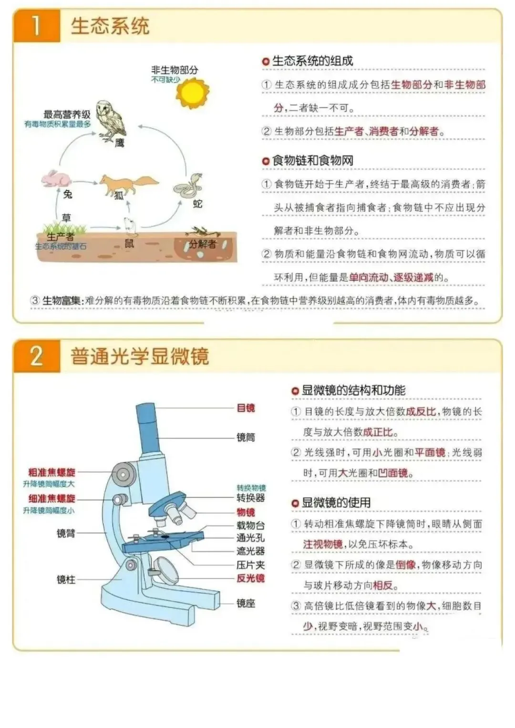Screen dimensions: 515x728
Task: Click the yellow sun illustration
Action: (x=193, y=92)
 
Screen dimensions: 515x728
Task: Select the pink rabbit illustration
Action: (x=56, y=179)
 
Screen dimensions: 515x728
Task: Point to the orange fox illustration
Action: (x=128, y=185)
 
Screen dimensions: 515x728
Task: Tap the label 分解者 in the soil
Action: (x=203, y=244)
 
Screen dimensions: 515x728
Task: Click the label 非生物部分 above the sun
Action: (x=175, y=70)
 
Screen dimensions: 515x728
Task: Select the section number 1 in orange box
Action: (x=36, y=26)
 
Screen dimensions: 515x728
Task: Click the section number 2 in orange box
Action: (x=36, y=356)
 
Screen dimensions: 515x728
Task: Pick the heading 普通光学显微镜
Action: (x=140, y=356)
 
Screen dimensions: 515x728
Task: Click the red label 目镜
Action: (x=246, y=408)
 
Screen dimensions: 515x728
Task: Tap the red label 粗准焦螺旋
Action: (x=51, y=472)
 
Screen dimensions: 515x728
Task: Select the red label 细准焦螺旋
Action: (x=51, y=499)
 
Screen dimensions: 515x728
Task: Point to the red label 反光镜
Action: (x=250, y=578)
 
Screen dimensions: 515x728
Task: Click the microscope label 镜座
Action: (x=246, y=604)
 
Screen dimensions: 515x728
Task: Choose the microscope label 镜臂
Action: (x=66, y=533)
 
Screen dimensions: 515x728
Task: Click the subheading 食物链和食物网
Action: (x=313, y=161)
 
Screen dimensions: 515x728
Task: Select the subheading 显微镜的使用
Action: (x=336, y=503)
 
